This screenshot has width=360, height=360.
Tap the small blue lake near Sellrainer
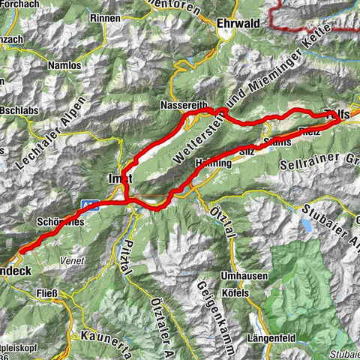pos(307,224)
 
